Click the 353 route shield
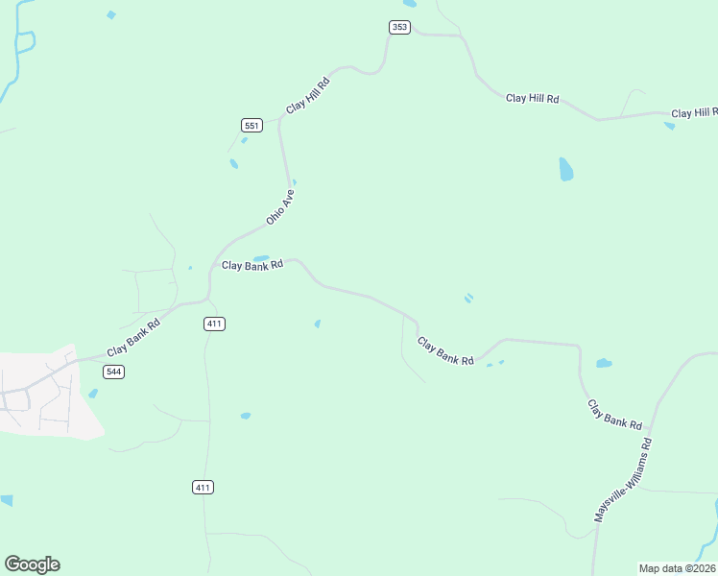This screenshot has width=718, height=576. (400, 27)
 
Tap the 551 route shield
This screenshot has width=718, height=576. (251, 126)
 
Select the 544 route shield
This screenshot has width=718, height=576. (114, 372)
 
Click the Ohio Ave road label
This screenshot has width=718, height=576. (280, 207)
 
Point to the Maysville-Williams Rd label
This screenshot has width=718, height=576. (622, 480)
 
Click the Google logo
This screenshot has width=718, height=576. (32, 564)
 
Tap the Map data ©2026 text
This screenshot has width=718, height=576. (677, 568)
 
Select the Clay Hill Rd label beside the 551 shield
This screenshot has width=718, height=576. (308, 97)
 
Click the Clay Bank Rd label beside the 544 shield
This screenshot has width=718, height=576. (133, 337)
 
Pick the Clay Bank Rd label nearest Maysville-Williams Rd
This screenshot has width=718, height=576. (614, 414)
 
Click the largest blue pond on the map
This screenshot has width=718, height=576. (566, 170)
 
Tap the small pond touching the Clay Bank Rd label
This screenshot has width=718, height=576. (261, 257)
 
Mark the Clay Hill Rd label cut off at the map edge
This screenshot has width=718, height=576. (694, 113)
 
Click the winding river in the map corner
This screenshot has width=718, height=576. (18, 48)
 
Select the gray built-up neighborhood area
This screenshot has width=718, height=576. (48, 394)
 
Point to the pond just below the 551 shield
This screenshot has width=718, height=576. (244, 141)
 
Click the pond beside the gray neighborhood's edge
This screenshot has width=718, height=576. (93, 393)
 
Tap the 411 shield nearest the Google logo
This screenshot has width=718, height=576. (203, 488)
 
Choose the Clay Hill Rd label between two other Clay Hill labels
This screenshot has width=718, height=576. (532, 99)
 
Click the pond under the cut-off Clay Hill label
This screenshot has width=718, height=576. (669, 126)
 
